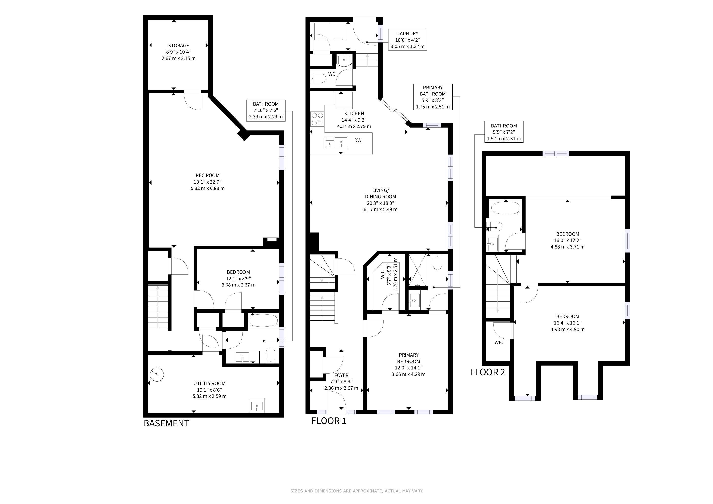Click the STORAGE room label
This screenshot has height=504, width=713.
pos(178,45)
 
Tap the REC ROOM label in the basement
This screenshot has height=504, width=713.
pos(208,175)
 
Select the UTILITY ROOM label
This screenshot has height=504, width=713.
pos(209,383)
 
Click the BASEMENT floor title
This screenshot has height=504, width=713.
pos(166,423)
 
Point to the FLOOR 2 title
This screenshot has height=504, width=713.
pos(487,372)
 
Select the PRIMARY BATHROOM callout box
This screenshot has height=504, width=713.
pos(433,97)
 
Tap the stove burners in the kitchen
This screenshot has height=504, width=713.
pos(317,119)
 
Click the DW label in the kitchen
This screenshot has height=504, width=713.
pos(358,140)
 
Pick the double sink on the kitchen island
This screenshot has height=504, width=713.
pos(336,142)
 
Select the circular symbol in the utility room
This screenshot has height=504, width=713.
pos(157,375)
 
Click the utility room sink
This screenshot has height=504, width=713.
pos(257,405)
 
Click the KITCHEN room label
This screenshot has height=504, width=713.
pos(354,114)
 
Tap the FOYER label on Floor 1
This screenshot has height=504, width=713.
pos(341,375)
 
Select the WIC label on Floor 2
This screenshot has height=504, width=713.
pos(499,342)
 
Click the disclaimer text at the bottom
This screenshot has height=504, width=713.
pos(356,491)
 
